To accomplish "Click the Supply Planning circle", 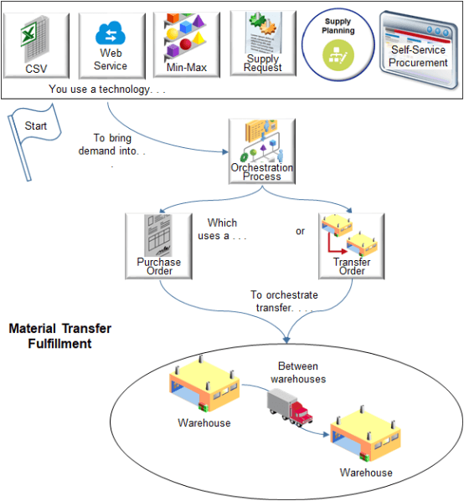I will pos(338,47).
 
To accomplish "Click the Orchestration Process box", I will pos(262,150).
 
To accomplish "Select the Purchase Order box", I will pos(159,245).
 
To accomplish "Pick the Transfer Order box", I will pos(352,245).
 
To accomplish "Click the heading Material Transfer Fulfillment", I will pos(59,336).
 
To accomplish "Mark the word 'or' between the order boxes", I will pos(300,231).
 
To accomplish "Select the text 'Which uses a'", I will pos(222,229).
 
